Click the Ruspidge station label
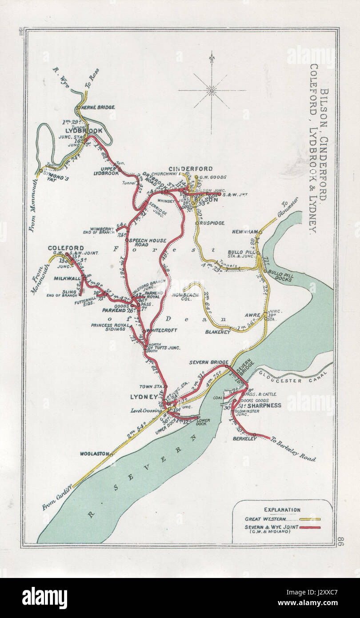coord(212,223)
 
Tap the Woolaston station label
coord(94,453)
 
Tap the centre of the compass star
coord(212,91)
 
